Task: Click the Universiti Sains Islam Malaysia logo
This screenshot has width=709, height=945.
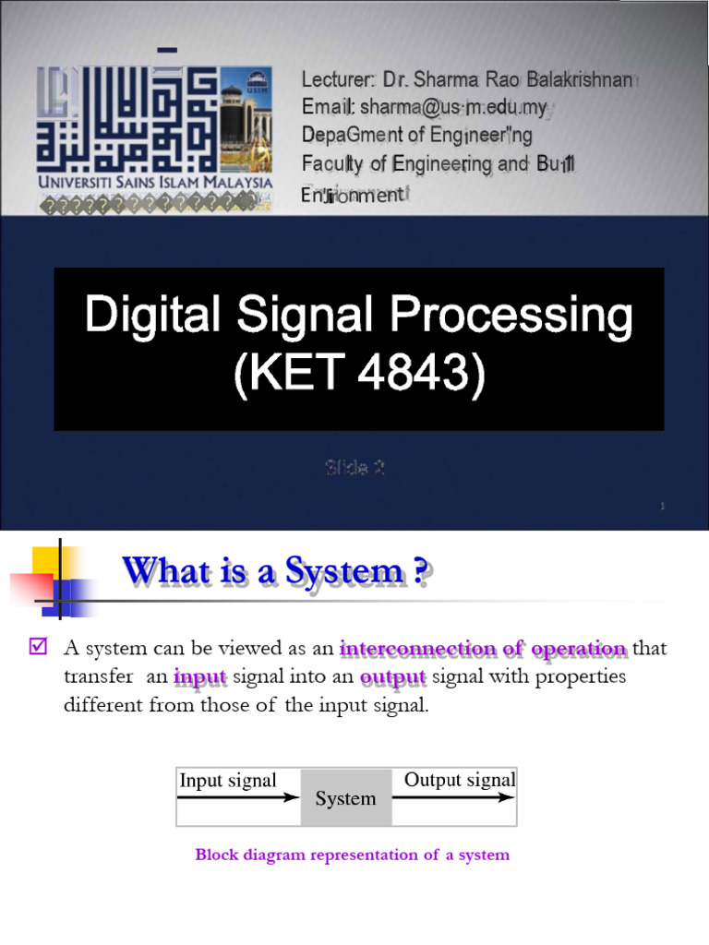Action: [154, 134]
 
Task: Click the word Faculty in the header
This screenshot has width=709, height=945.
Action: [331, 164]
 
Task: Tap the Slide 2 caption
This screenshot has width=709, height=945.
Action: [354, 468]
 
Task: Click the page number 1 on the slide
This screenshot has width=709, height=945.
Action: [664, 506]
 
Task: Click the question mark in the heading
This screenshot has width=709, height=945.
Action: [420, 572]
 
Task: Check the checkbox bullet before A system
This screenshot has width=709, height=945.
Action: [38, 648]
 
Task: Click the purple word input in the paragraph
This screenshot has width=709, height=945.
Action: [199, 677]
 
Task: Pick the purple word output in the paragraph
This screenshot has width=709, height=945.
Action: [392, 677]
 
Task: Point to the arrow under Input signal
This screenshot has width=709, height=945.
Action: [238, 797]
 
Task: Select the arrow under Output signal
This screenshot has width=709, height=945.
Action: [453, 797]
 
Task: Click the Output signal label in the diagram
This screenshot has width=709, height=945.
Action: [459, 780]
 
